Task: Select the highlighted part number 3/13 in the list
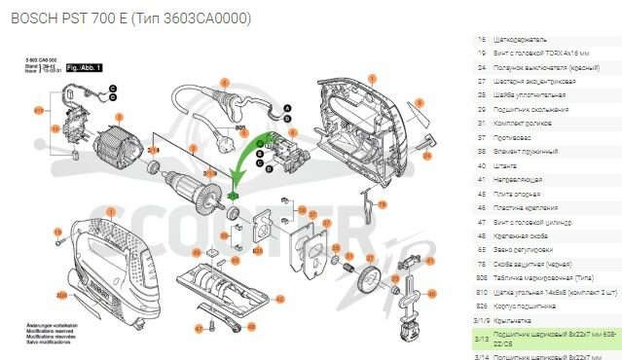481,339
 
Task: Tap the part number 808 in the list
481,278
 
